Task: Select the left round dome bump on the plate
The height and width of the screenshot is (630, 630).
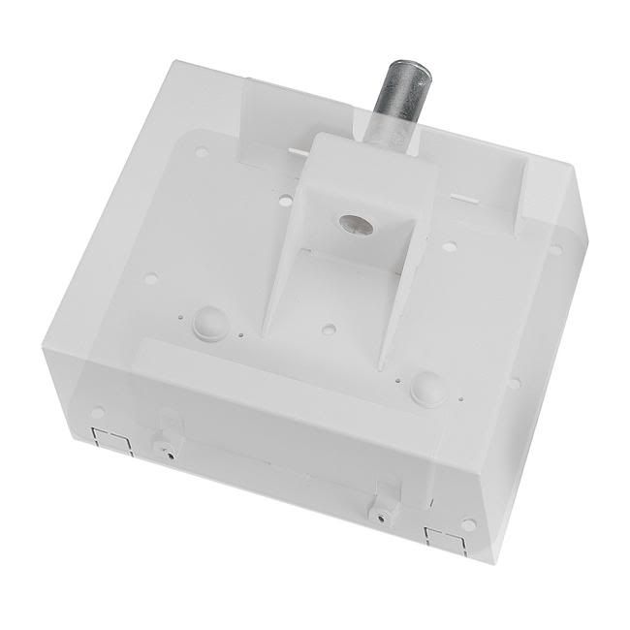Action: coord(210,323)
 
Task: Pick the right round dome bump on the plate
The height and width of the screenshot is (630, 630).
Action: coord(427,387)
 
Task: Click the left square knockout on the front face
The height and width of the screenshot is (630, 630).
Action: coord(111,442)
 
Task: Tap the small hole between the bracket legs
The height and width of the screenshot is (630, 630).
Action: coord(329,331)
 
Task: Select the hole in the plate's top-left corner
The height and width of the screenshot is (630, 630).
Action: coord(202,152)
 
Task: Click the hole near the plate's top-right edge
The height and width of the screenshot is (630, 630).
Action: coord(555,249)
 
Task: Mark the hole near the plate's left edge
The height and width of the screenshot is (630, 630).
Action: coord(150,278)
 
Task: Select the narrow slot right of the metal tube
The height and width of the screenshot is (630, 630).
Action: coord(465,199)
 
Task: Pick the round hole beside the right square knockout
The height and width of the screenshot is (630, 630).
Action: coord(468,524)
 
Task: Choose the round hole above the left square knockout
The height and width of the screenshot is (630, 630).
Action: coord(97,413)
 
